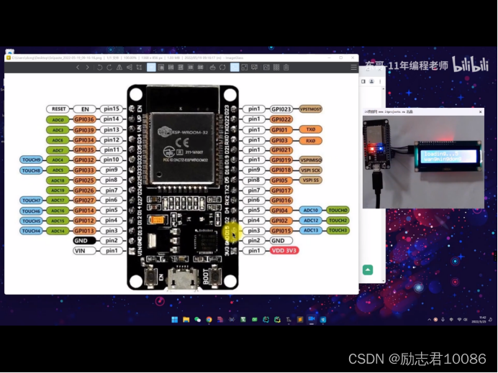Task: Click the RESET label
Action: (x=59, y=109)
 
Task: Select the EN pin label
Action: (x=85, y=109)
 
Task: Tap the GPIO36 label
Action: (x=83, y=119)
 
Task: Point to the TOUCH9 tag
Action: (x=31, y=160)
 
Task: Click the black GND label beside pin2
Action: (x=83, y=241)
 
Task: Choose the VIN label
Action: (x=83, y=251)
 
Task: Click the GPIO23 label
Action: (x=281, y=109)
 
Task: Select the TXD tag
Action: (x=310, y=129)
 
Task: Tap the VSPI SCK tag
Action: (x=310, y=170)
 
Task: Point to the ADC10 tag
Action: (x=311, y=210)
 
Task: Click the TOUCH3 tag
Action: (x=338, y=230)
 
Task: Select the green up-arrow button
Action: (x=368, y=270)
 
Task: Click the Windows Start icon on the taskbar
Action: (x=175, y=320)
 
